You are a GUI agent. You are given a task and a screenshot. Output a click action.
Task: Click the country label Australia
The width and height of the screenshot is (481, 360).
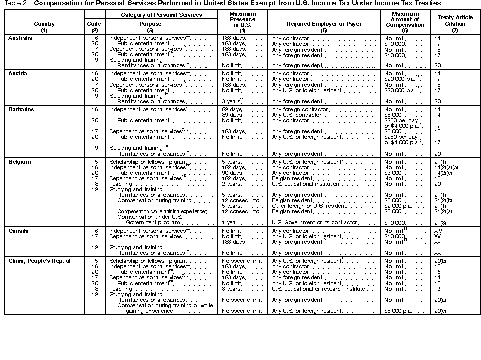tap(20, 38)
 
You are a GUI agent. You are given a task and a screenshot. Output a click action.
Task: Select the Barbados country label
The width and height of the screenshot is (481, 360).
tap(21, 109)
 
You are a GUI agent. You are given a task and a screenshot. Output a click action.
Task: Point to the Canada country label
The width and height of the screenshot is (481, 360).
tap(18, 231)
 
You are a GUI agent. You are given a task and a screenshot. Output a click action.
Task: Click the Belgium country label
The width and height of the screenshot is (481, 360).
tap(19, 162)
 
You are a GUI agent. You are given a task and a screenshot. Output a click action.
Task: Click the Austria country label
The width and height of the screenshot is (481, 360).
tap(18, 73)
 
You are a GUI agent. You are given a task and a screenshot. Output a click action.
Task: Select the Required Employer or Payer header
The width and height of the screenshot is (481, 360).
tap(316, 24)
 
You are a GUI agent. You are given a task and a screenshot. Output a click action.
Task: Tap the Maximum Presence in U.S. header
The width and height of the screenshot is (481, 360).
tap(242, 20)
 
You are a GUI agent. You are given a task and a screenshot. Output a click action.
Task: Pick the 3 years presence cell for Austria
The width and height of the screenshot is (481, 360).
tap(232, 101)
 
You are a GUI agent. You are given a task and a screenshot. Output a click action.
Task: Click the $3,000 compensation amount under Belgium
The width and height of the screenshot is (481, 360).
tap(393, 173)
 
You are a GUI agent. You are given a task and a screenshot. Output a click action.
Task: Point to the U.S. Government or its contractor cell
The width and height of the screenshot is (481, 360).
tap(315, 222)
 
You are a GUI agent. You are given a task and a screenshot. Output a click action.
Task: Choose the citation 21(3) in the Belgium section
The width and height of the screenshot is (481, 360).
tap(440, 222)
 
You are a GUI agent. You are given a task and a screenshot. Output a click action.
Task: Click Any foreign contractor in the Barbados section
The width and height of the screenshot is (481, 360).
tap(300, 109)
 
